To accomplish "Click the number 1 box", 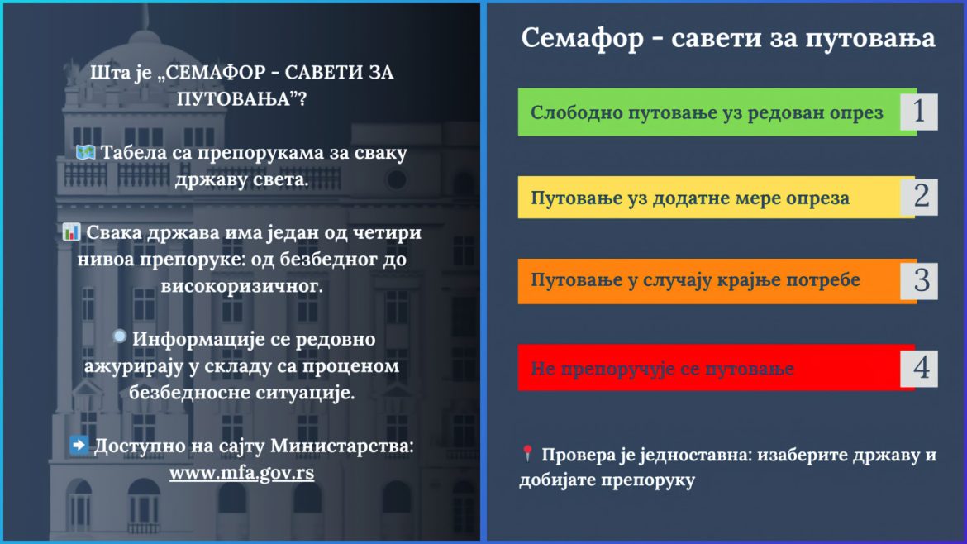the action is click(919, 112).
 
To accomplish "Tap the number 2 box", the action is click(919, 197).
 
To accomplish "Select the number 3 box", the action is click(919, 280).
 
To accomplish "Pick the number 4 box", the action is click(919, 368).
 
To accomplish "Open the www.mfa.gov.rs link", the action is click(241, 473).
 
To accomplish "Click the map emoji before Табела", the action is click(85, 152).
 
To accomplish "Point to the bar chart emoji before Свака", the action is click(72, 232).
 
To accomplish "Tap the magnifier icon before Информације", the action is click(119, 336).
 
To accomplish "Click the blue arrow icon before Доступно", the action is click(79, 445).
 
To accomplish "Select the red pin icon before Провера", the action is click(527, 453).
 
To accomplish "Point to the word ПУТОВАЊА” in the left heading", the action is click(241, 98).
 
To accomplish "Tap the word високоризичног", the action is click(241, 286).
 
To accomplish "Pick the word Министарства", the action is click(341, 446).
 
